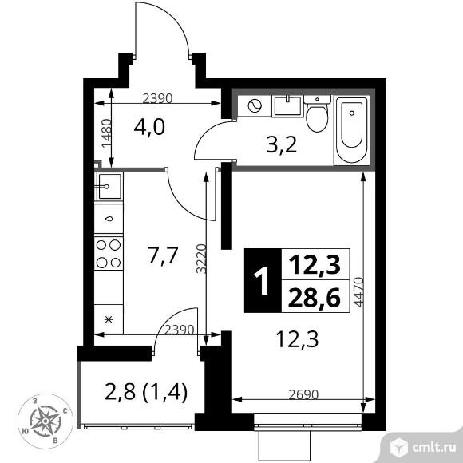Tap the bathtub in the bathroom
[x=352, y=130]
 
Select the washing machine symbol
[x=255, y=105]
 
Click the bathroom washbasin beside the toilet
[x=287, y=105]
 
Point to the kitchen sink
[x=109, y=186]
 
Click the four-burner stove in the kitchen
[x=109, y=253]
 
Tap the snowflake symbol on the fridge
[x=109, y=319]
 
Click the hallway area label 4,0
[x=149, y=127]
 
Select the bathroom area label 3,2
[x=281, y=145]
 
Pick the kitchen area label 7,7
[x=163, y=256]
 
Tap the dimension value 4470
[x=358, y=292]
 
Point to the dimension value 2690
[x=303, y=394]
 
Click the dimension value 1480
[x=106, y=133]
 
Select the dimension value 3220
[x=201, y=259]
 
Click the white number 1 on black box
[x=262, y=281]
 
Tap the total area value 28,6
[x=315, y=297]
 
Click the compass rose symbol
[x=46, y=421]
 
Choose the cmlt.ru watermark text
[x=434, y=448]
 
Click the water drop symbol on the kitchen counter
[x=109, y=219]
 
